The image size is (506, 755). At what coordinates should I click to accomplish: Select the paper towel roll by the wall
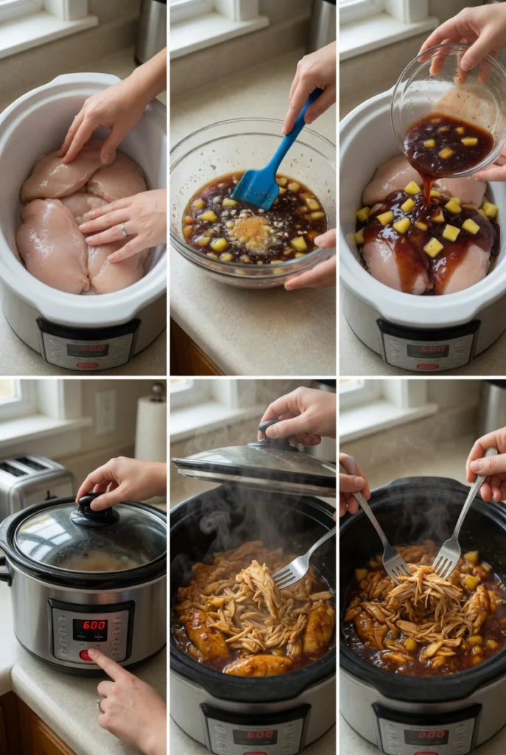[x=151, y=428]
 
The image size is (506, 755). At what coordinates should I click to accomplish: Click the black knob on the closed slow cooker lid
[x=94, y=509]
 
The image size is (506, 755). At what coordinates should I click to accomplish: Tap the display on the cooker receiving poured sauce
[x=427, y=350]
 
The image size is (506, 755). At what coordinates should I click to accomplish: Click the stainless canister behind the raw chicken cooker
[x=150, y=29]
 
